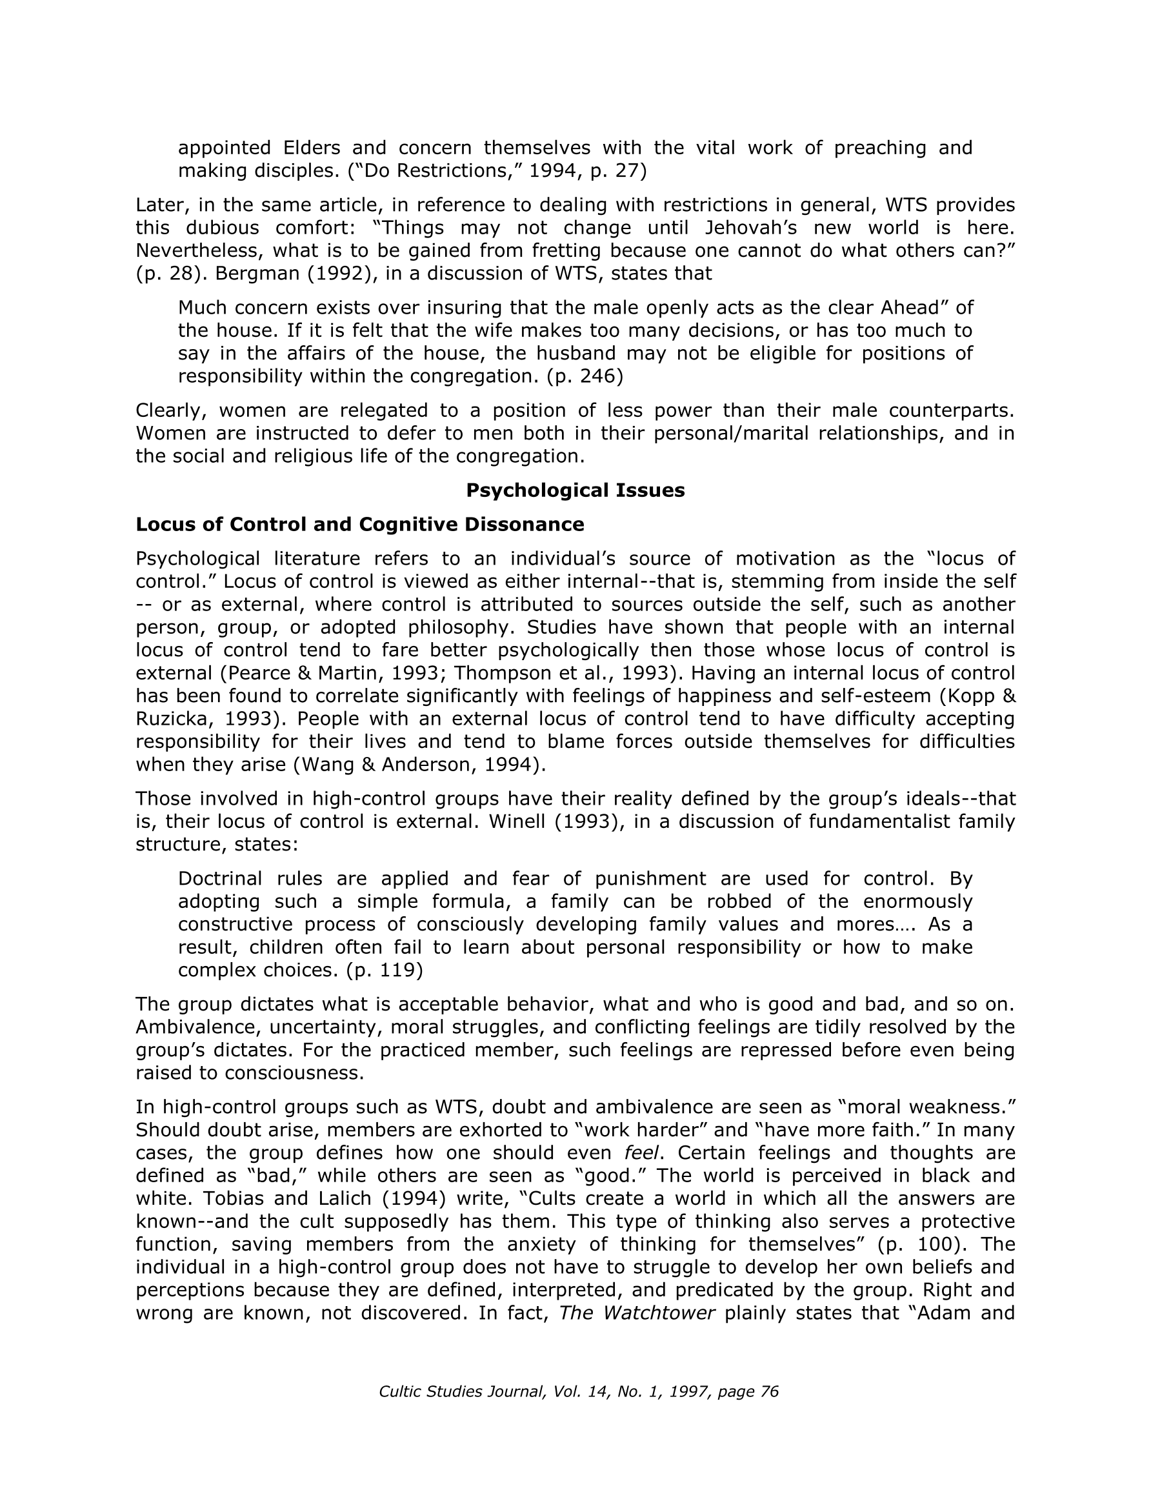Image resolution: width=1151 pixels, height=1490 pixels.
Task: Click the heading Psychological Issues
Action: (574, 490)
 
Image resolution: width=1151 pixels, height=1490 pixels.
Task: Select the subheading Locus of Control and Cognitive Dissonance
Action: (359, 524)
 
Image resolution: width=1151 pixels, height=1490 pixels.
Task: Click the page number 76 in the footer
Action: (769, 1391)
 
